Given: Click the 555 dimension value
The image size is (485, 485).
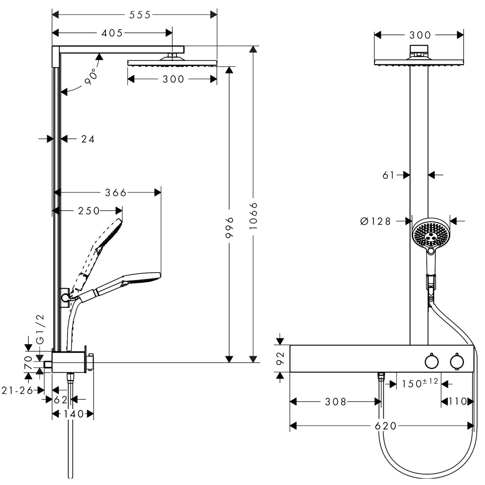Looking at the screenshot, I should pos(140,15).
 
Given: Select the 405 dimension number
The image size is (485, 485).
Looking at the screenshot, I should pos(112,33).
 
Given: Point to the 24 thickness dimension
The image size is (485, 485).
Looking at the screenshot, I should pos(88,139).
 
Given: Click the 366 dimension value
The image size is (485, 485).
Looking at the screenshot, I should pos(116,192).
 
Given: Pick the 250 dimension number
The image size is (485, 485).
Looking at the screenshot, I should pos(89,211).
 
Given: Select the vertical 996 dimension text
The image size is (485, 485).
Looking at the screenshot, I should pos(229,227).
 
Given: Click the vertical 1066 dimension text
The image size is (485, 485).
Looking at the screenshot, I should pos(254,216).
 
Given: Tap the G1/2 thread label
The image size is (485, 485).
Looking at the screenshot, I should pos(41,329).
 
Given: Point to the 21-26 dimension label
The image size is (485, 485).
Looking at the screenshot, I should pos(17,390).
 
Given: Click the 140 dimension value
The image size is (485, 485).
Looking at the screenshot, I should pos(73,414).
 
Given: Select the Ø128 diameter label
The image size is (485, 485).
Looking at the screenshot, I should pos(376,221).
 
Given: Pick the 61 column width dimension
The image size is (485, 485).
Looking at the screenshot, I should pos(388,175).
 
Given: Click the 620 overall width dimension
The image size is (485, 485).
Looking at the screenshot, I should pos(386,425).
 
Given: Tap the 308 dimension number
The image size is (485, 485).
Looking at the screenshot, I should pos(336,402).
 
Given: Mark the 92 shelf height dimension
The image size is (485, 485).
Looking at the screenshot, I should pos(281,359).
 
